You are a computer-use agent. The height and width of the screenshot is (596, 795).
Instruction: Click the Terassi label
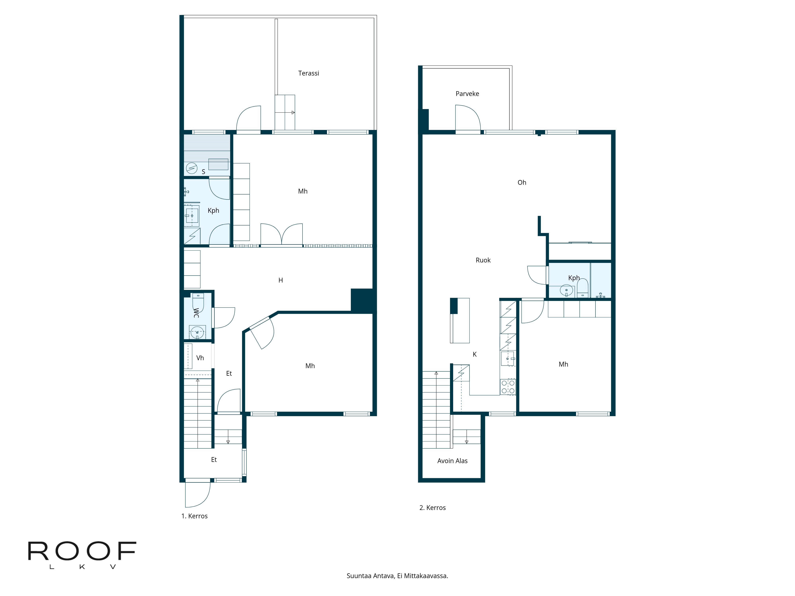point(308,73)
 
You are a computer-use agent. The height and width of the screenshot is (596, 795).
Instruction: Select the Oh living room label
point(522,183)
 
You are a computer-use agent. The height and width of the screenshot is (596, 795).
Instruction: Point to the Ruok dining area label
point(483,260)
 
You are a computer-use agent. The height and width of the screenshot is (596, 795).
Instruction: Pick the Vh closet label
point(200,358)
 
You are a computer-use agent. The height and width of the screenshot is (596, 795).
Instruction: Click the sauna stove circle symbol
point(192,168)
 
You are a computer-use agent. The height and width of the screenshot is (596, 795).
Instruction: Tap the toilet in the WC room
point(198,303)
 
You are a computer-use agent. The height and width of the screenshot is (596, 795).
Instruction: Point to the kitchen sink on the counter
point(507,359)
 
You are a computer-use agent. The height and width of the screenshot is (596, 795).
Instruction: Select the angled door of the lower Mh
point(262,332)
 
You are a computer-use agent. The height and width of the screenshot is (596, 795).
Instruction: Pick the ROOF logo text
point(82,551)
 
